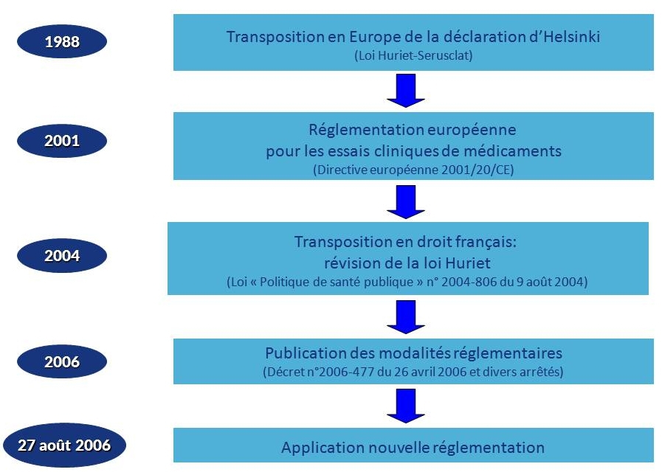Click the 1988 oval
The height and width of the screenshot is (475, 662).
pyautogui.click(x=62, y=41)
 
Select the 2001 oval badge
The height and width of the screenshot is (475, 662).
pyautogui.click(x=62, y=140)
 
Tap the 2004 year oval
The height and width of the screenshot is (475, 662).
pyautogui.click(x=62, y=256)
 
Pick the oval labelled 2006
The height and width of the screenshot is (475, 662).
pyautogui.click(x=62, y=361)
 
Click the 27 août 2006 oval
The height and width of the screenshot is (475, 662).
pyautogui.click(x=64, y=445)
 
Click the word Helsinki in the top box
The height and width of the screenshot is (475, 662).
pyautogui.click(x=572, y=37)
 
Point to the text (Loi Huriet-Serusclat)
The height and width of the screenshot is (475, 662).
pyautogui.click(x=413, y=55)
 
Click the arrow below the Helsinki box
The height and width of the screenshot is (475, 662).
pyautogui.click(x=406, y=90)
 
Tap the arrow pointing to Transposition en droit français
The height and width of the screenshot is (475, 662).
pyautogui.click(x=406, y=201)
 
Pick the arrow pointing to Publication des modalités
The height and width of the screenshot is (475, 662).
pyautogui.click(x=406, y=317)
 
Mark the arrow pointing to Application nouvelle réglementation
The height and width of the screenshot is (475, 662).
pyautogui.click(x=406, y=406)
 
